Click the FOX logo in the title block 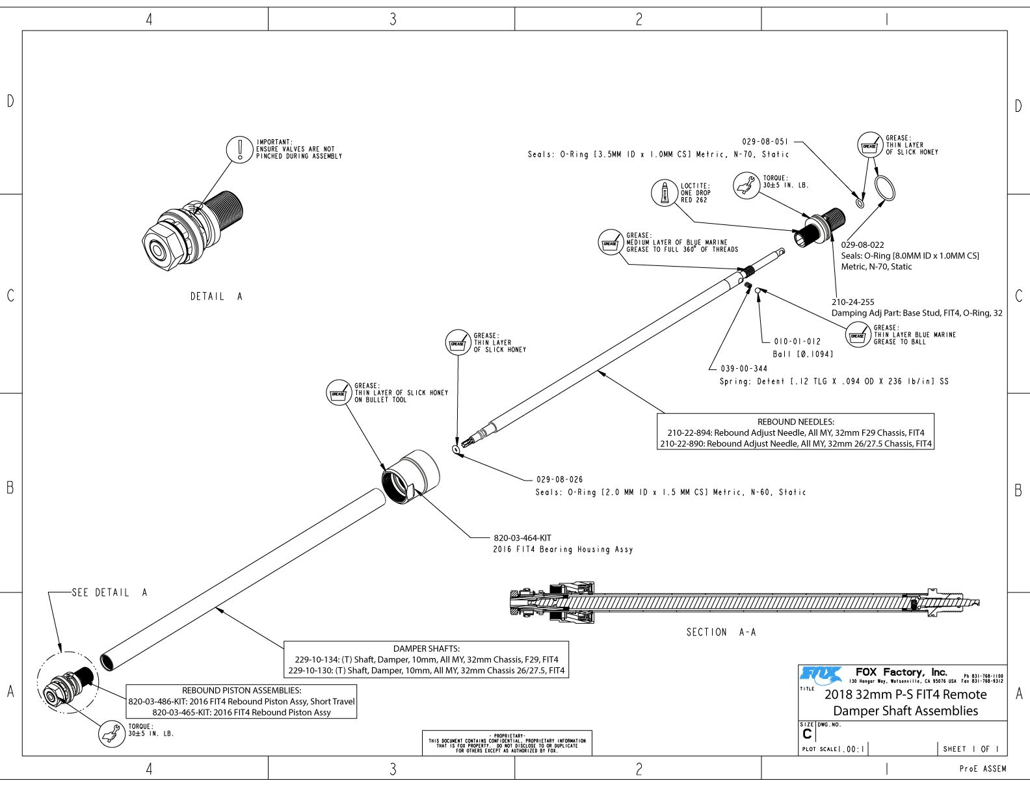point(821,674)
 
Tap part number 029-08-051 point(765,142)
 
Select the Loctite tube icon point(665,192)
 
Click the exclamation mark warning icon point(240,150)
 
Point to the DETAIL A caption point(217,297)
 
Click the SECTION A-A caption point(721,632)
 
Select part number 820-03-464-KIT point(522,538)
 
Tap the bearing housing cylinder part point(410,476)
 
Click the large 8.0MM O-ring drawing point(884,189)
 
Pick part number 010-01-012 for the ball point(797,341)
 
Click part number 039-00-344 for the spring point(744,369)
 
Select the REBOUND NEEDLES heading point(795,422)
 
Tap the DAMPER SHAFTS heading point(426,648)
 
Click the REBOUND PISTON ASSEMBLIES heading point(241,691)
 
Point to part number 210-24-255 point(852,302)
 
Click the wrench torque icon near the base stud point(746,185)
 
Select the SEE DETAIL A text point(110,592)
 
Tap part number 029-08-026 point(559,480)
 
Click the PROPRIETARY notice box point(507,743)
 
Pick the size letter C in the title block point(807,734)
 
